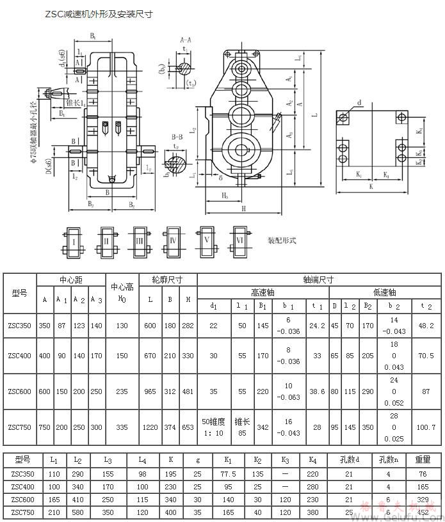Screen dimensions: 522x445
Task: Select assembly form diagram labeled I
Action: [x=74, y=241]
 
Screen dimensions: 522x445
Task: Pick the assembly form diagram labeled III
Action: [x=140, y=241]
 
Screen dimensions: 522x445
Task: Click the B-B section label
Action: [x=177, y=136]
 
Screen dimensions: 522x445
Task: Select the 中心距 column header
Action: [x=70, y=280]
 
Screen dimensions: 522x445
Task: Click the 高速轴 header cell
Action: [x=263, y=292]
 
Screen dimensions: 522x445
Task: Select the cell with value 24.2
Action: [x=317, y=326]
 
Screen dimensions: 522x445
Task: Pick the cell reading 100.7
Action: [x=426, y=427]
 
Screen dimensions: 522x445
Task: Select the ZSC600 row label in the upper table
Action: [x=20, y=391]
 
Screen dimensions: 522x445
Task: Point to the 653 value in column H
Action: [x=188, y=427]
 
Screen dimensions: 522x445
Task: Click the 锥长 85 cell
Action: [x=242, y=427]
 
